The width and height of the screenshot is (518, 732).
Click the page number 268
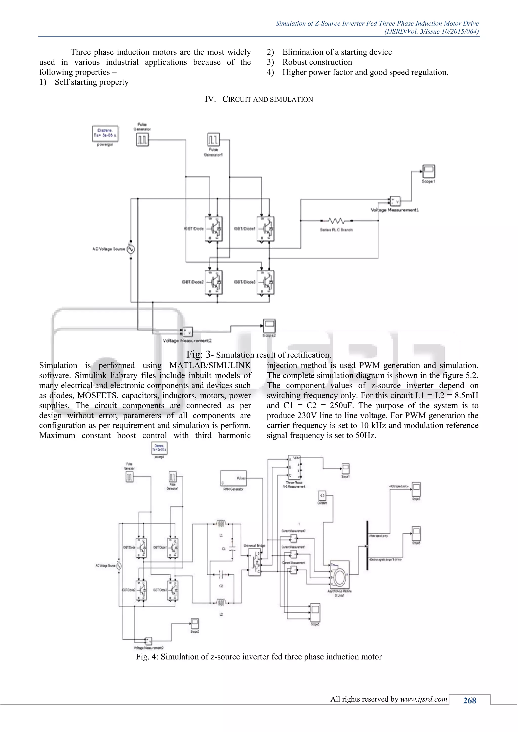469,700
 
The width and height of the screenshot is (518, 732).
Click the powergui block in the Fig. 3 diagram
105,133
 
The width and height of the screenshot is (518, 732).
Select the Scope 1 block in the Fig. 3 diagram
428,172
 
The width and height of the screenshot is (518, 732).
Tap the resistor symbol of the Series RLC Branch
336,221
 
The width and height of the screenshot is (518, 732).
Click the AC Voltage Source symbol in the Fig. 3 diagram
131,249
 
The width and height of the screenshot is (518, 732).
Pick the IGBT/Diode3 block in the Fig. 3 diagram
265,282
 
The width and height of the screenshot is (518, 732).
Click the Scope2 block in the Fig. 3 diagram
269,326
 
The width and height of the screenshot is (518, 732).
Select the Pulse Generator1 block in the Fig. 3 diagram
213,140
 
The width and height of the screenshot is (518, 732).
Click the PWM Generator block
233,478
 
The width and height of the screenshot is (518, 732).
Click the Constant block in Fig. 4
322,495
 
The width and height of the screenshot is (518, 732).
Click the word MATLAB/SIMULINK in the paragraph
210,365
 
